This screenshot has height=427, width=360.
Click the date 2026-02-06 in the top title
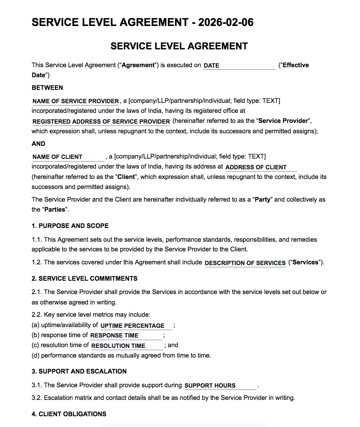pyautogui.click(x=226, y=22)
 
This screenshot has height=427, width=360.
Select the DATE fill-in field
pyautogui.click(x=239, y=65)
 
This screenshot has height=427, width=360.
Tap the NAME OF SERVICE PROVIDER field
pyautogui.click(x=75, y=101)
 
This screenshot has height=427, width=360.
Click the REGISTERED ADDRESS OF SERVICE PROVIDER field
pyautogui.click(x=101, y=121)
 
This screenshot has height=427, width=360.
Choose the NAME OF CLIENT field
pyautogui.click(x=68, y=157)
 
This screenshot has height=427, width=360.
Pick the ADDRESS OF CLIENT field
pyautogui.click(x=261, y=167)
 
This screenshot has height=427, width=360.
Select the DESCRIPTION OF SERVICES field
pyautogui.click(x=245, y=263)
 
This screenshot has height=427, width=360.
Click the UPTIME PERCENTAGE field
pyautogui.click(x=136, y=326)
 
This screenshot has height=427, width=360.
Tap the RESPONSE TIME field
pyautogui.click(x=126, y=335)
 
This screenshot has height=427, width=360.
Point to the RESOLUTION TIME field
pyautogui.click(x=127, y=346)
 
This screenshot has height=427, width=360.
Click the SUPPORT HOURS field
pyautogui.click(x=220, y=385)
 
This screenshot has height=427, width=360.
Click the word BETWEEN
pyautogui.click(x=47, y=88)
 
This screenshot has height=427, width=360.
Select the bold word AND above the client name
pyautogui.click(x=38, y=144)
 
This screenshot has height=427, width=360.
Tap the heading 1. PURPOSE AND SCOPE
pyautogui.click(x=70, y=226)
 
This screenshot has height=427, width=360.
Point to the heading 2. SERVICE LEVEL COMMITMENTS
pyautogui.click(x=84, y=278)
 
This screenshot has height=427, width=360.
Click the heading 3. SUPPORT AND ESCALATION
pyautogui.click(x=79, y=371)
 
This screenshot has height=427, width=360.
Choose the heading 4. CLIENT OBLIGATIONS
pyautogui.click(x=69, y=414)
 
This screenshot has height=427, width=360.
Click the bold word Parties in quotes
pyautogui.click(x=55, y=209)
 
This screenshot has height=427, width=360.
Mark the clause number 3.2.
pyautogui.click(x=37, y=398)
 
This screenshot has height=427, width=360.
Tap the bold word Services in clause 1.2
pyautogui.click(x=305, y=262)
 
